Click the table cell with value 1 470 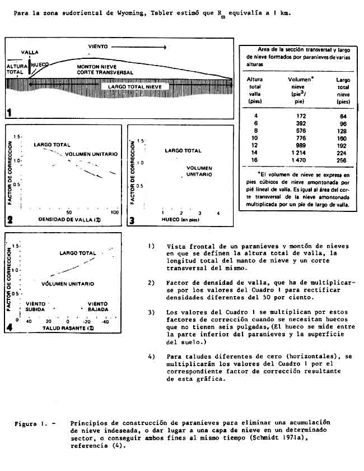coord(298,160)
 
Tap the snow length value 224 coord(343,152)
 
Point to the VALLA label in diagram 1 coord(30,52)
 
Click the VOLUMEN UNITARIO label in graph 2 coord(88,154)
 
